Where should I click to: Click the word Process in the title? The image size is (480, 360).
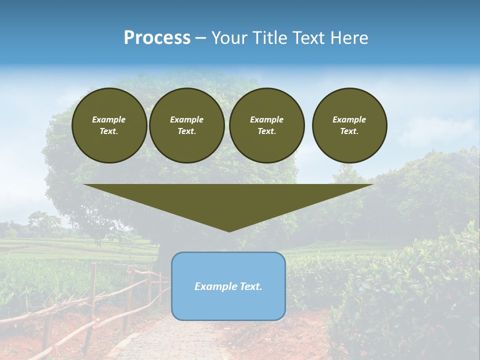tap(157, 38)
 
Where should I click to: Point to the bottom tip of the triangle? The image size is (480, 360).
tap(229, 230)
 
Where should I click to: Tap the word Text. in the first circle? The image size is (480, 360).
tap(109, 131)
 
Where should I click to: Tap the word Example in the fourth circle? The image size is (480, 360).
tap(349, 119)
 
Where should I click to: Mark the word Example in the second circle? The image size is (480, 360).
tap(187, 119)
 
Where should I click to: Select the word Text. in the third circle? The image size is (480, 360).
tap(266, 131)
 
